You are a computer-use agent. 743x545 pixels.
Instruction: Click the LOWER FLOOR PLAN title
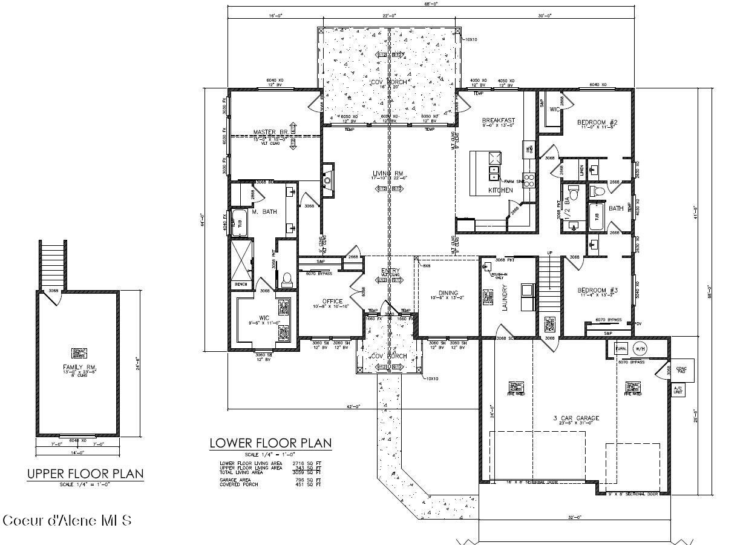coord(270,443)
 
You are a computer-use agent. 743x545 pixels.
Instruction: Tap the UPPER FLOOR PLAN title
coord(85,474)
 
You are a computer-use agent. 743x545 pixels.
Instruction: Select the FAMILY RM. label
coord(80,368)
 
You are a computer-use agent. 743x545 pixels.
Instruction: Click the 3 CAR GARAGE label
coord(575,418)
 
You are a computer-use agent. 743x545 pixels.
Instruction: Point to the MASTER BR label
coord(270,132)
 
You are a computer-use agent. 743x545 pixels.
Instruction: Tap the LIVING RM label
coord(390,174)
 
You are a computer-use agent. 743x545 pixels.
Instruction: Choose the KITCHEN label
coord(500,190)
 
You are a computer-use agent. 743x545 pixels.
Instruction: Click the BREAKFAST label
coord(499,121)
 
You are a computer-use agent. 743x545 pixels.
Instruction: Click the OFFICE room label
coord(332,301)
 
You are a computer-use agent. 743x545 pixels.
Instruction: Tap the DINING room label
coord(448,292)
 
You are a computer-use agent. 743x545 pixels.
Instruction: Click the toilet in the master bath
coord(287,279)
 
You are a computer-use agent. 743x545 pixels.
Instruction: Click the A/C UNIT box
coord(679,391)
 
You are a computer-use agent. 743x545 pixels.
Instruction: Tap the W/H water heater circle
coord(640,349)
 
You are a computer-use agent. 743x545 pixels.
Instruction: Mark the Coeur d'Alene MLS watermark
coord(67,520)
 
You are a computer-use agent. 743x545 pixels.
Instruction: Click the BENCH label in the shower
coord(240,284)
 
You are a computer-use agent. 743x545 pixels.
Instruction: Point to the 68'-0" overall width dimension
coord(431,3)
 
